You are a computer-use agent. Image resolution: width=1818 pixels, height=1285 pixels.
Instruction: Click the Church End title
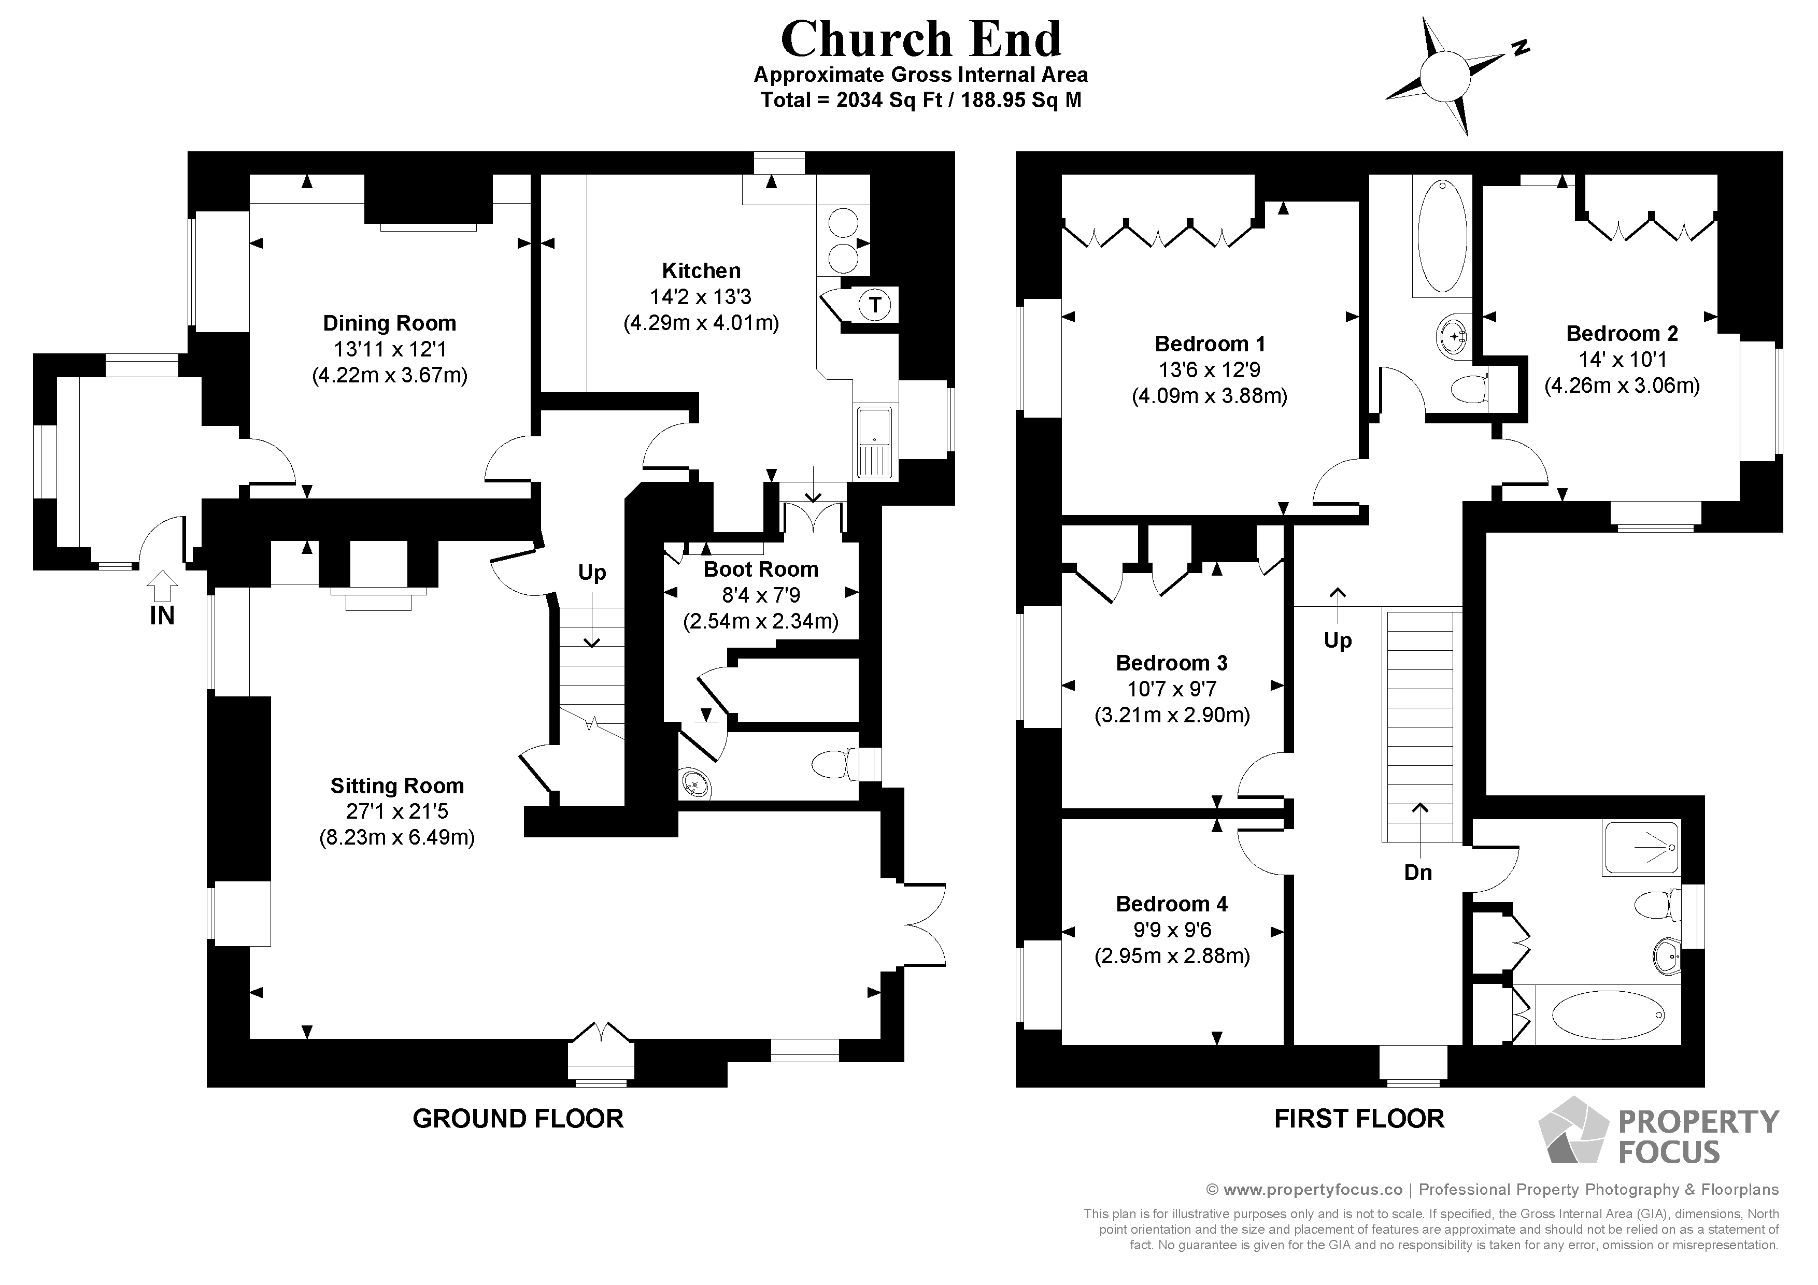pyautogui.click(x=920, y=39)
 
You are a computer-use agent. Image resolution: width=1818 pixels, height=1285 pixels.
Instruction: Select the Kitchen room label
pyautogui.click(x=701, y=271)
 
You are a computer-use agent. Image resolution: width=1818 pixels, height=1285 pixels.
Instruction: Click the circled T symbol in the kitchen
pyautogui.click(x=874, y=305)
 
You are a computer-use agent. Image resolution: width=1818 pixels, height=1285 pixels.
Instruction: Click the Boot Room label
pyautogui.click(x=760, y=569)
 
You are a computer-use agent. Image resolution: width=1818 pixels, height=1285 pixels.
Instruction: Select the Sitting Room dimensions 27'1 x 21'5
pyautogui.click(x=396, y=811)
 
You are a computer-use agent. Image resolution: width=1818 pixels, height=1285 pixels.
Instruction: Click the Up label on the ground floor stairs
pyautogui.click(x=591, y=573)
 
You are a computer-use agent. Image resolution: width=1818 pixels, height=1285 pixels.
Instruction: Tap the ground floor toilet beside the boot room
pyautogui.click(x=831, y=764)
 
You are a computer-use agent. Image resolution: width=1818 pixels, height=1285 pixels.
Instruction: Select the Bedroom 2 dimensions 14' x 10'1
pyautogui.click(x=1622, y=360)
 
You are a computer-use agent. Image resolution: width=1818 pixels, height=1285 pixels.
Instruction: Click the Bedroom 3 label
pyautogui.click(x=1171, y=663)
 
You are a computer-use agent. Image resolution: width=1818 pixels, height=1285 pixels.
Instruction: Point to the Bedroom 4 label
pyautogui.click(x=1171, y=904)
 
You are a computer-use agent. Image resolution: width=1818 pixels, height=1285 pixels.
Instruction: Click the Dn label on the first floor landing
pyautogui.click(x=1417, y=873)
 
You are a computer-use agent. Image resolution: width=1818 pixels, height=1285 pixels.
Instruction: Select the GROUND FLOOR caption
pyautogui.click(x=518, y=1119)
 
